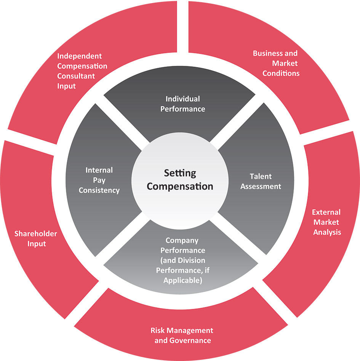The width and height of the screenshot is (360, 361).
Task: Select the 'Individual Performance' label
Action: [x=182, y=104]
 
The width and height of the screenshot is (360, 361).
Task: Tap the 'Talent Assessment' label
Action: [x=261, y=181]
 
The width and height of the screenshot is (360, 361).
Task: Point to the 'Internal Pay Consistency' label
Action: [x=99, y=180]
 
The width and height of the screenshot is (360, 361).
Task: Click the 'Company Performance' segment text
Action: [x=182, y=260]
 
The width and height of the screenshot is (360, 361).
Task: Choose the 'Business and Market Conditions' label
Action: [x=275, y=63]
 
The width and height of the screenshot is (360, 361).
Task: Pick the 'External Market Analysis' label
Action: [x=326, y=222]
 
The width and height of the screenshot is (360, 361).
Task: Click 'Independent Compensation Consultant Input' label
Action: [x=82, y=71]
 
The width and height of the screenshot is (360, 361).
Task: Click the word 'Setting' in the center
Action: [x=180, y=173]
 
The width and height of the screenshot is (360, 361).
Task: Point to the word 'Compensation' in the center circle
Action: [x=180, y=186]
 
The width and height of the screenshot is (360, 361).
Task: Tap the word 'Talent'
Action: [x=261, y=176]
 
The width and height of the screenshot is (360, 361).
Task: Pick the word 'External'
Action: [x=326, y=212]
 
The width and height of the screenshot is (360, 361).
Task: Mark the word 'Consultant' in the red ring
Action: [x=76, y=76]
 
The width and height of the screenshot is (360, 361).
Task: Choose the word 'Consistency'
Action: [x=99, y=190]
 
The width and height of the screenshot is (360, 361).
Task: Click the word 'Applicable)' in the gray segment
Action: [x=182, y=280]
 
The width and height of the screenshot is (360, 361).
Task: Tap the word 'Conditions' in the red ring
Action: [x=281, y=73]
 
